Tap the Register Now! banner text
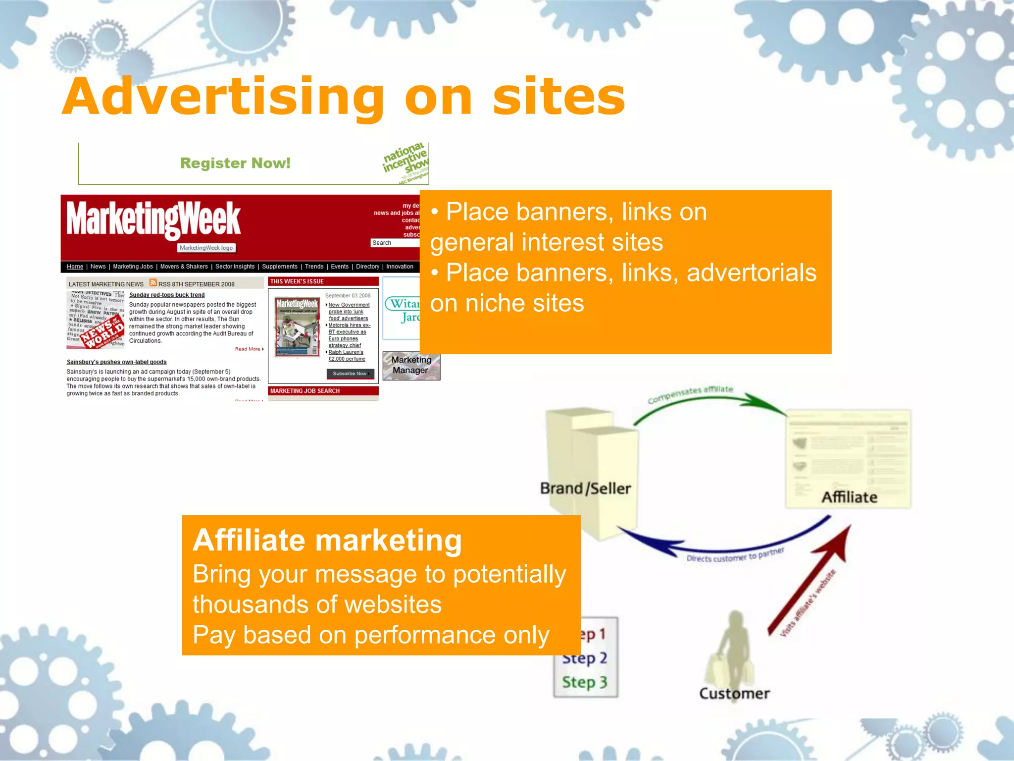point(235,163)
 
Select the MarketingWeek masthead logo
point(153,219)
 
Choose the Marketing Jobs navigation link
point(133,267)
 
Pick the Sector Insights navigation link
point(235,267)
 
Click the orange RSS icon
point(153,283)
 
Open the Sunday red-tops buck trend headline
point(167,295)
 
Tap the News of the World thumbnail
point(96,320)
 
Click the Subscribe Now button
point(350,374)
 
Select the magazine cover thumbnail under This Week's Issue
point(297,327)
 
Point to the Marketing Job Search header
point(305,391)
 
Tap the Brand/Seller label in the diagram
point(585,489)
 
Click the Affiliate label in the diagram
point(849,497)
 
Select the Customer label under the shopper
point(734,693)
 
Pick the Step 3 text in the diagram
point(585,682)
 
